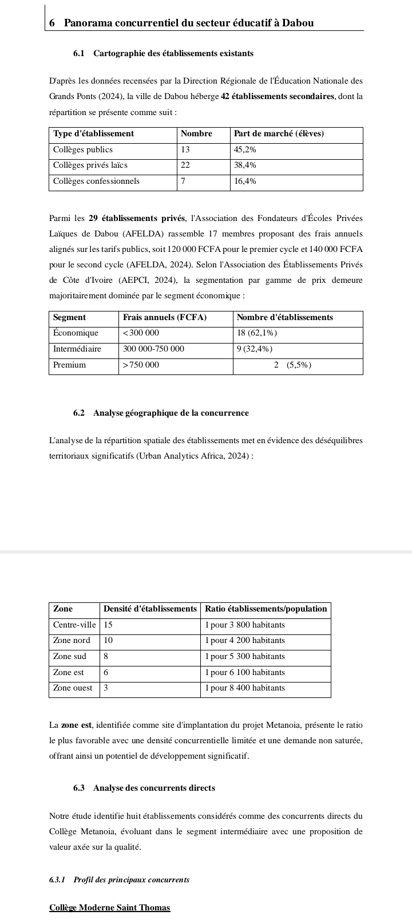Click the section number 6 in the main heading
tap(52, 23)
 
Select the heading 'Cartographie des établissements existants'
tap(173, 53)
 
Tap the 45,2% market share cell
tap(245, 149)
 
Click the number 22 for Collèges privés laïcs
tap(185, 165)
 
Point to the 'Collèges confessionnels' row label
tap(96, 181)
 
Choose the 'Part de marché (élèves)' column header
tap(279, 133)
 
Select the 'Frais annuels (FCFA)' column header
tap(165, 317)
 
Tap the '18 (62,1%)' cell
tap(257, 333)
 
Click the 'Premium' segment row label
tap(69, 365)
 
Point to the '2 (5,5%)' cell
tap(292, 365)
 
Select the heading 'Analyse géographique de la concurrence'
tap(171, 413)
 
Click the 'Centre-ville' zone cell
tap(74, 625)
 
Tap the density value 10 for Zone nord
tap(108, 640)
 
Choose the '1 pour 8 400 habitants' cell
tap(245, 688)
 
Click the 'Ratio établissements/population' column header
tap(266, 609)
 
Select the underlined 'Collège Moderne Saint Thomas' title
tap(110, 908)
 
